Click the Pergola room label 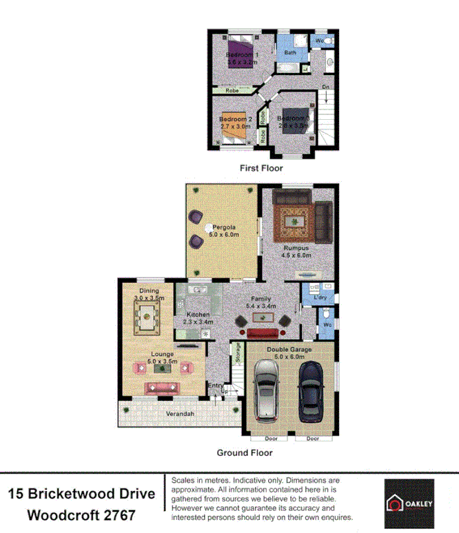(225, 227)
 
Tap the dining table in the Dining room (146, 317)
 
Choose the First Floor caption (261, 168)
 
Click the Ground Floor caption (245, 452)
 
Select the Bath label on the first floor (290, 52)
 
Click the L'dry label (320, 297)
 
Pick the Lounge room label (163, 355)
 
